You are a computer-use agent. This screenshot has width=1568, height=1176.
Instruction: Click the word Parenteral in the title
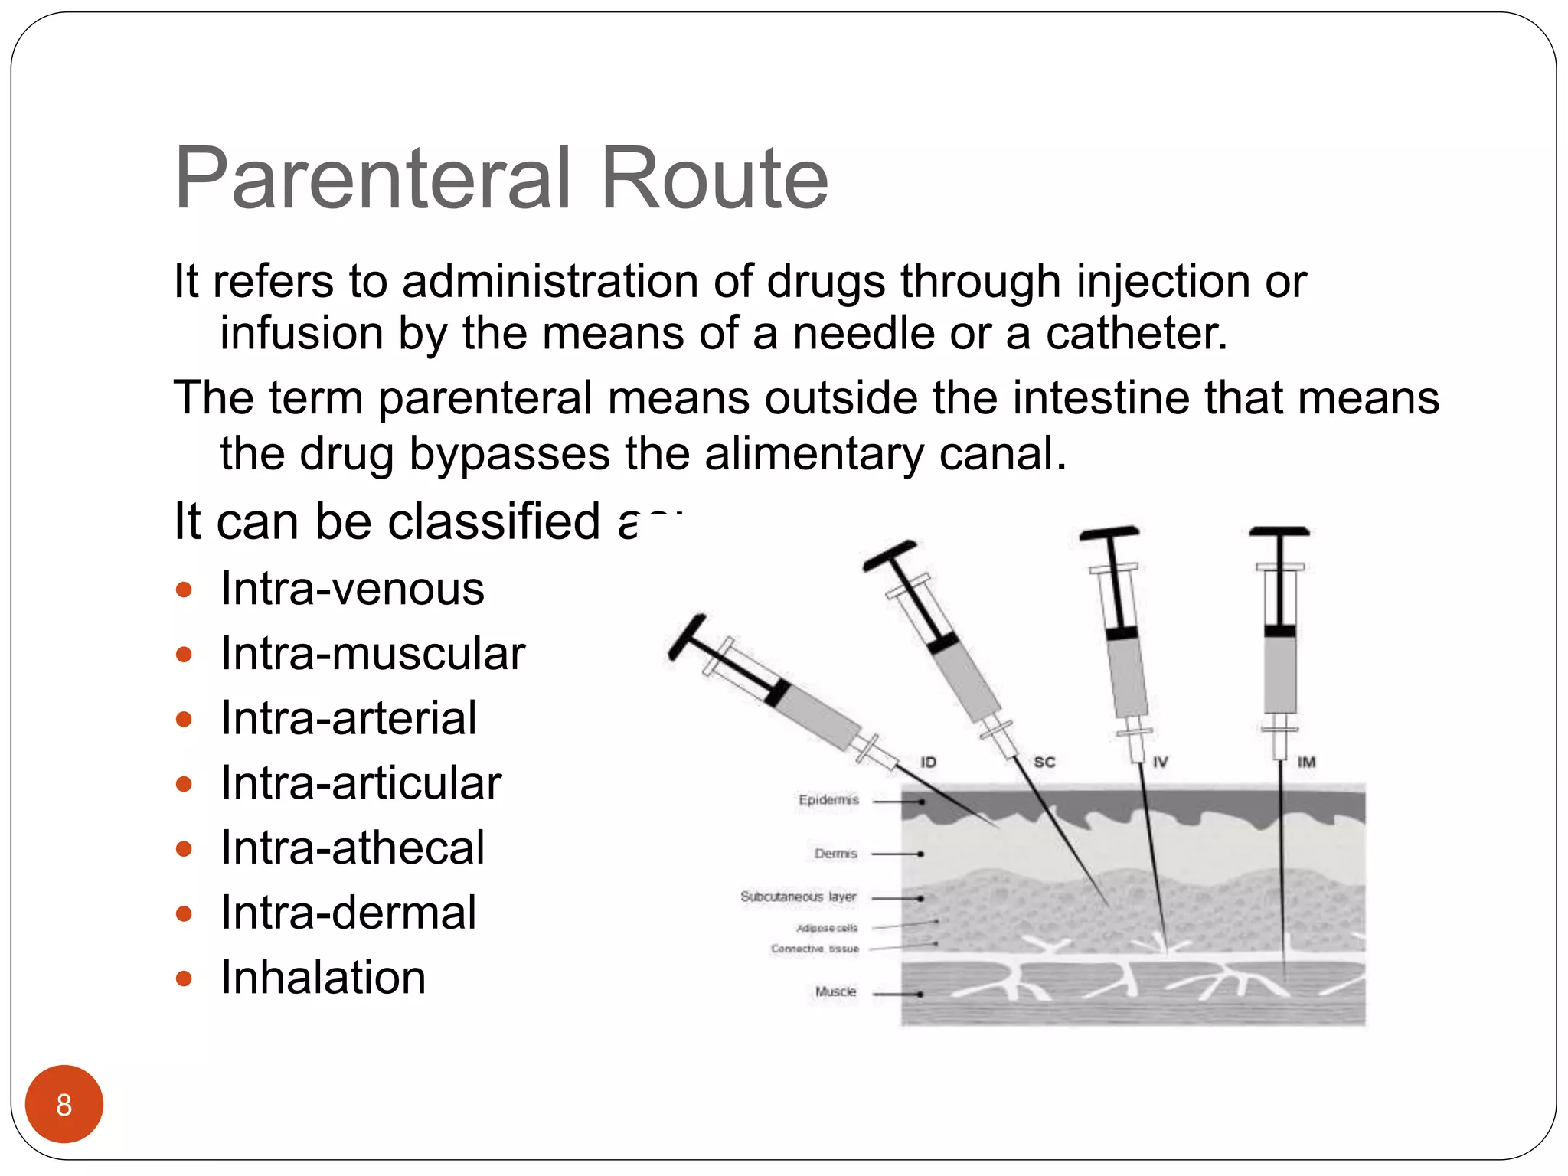[x=373, y=179]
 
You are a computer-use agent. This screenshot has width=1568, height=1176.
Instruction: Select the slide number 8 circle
[x=64, y=1104]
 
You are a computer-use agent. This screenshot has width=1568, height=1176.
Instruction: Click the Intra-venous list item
[x=352, y=589]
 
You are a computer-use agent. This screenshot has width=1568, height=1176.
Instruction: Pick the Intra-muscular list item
[x=373, y=654]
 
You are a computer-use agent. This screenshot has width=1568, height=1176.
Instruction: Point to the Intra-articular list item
[x=361, y=783]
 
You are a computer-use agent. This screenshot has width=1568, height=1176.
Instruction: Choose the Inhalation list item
[x=323, y=978]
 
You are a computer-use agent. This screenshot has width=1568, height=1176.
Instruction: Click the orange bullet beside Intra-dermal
[x=184, y=913]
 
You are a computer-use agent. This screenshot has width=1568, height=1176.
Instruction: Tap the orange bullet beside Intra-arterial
[x=184, y=719]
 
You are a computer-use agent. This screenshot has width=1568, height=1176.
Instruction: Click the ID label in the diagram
[x=928, y=762]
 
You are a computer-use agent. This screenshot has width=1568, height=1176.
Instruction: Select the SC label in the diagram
[x=1044, y=762]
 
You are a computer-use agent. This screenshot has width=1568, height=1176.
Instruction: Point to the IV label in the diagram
[x=1160, y=762]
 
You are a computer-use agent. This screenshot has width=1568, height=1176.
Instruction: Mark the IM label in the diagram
[x=1306, y=762]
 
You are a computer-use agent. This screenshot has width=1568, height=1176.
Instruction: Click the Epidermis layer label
[x=828, y=800]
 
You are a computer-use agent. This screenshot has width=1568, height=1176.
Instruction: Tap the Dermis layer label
[x=835, y=853]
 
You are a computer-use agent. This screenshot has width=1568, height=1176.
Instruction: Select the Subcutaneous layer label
[x=798, y=897]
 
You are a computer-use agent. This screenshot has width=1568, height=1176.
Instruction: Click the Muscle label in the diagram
[x=835, y=991]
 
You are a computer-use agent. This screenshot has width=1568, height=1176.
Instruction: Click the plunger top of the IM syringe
[x=1279, y=531]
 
